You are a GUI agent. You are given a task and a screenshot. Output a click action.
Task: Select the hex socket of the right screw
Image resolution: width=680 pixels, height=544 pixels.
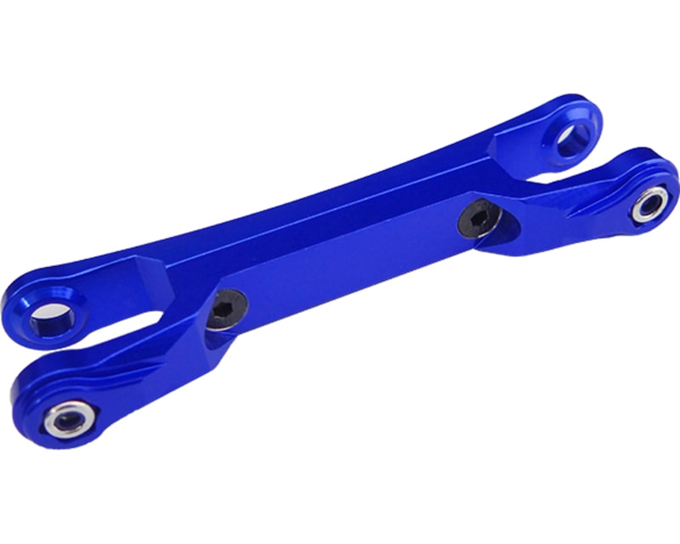[474, 220]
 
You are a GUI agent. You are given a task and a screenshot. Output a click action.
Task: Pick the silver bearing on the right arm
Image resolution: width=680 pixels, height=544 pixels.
[649, 204]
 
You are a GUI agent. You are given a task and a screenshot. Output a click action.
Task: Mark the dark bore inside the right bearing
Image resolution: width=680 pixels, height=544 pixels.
[649, 204]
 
